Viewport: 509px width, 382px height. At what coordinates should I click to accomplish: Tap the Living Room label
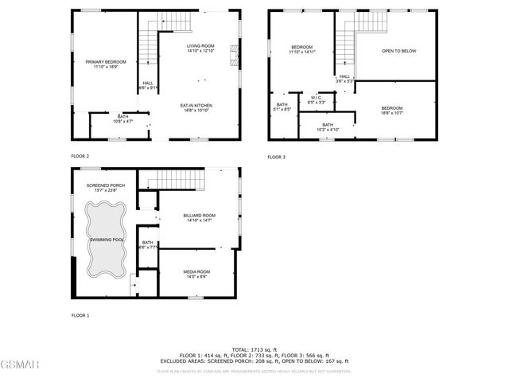click(x=200, y=49)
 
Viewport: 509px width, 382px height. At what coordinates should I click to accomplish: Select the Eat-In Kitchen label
click(x=195, y=108)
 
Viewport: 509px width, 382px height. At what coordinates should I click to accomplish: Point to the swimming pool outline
click(x=107, y=239)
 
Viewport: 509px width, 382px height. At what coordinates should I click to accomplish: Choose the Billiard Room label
click(x=200, y=218)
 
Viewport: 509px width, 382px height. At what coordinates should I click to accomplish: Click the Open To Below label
click(x=398, y=51)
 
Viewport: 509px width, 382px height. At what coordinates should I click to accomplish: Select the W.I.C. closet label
click(x=316, y=100)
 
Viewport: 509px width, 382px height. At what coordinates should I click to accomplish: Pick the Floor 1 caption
click(x=80, y=315)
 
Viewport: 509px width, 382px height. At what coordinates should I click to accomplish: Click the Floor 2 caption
click(x=80, y=156)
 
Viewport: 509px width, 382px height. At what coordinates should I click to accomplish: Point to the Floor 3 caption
click(x=276, y=157)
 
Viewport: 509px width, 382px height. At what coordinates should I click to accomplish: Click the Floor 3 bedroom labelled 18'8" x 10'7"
click(x=391, y=111)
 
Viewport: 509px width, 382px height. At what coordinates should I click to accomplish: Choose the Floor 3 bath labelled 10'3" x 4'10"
click(x=327, y=127)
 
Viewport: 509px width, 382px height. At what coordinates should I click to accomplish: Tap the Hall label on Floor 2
click(x=148, y=85)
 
